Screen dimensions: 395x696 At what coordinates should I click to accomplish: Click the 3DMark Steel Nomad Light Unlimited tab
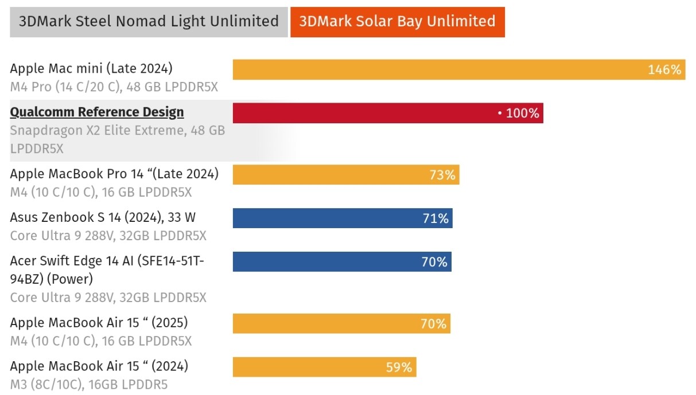[149, 22]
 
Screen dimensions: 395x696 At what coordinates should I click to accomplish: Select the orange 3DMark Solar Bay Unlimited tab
[397, 22]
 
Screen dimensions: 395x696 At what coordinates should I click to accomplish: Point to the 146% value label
[664, 70]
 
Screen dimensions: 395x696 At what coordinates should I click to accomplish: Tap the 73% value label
[442, 175]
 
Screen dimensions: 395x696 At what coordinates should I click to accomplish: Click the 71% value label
[436, 219]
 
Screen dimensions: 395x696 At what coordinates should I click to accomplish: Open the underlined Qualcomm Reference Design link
[97, 112]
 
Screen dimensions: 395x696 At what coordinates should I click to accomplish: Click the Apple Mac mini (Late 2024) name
[91, 69]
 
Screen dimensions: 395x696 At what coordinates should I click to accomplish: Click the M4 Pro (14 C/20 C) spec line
[114, 87]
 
